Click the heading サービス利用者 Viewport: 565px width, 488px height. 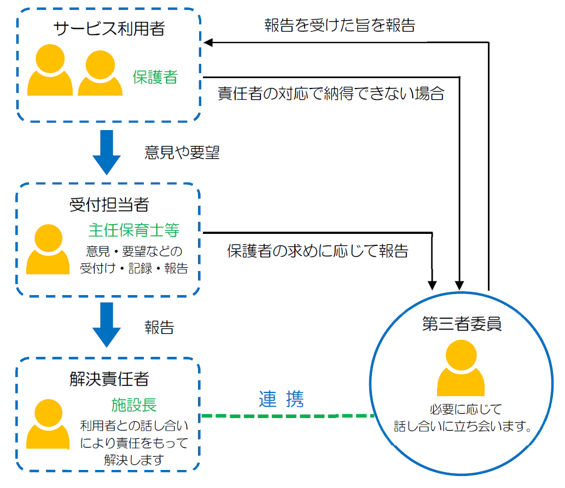109,28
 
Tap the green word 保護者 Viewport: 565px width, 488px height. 155,77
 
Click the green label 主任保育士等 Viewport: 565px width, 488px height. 133,230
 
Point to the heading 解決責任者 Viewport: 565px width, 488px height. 109,378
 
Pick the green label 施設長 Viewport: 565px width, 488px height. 134,404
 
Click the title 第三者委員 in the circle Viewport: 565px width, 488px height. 462,324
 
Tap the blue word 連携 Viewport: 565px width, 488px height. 281,399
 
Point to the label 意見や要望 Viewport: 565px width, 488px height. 182,153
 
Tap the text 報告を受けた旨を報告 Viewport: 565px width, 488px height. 339,26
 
